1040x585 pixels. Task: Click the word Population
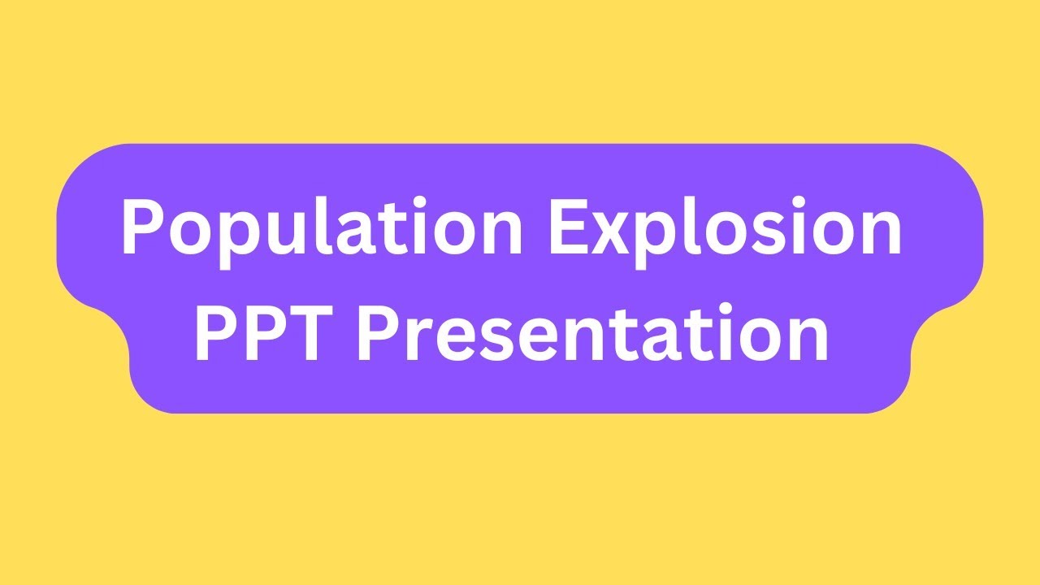tap(322, 229)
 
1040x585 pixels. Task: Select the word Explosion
tap(725, 229)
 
